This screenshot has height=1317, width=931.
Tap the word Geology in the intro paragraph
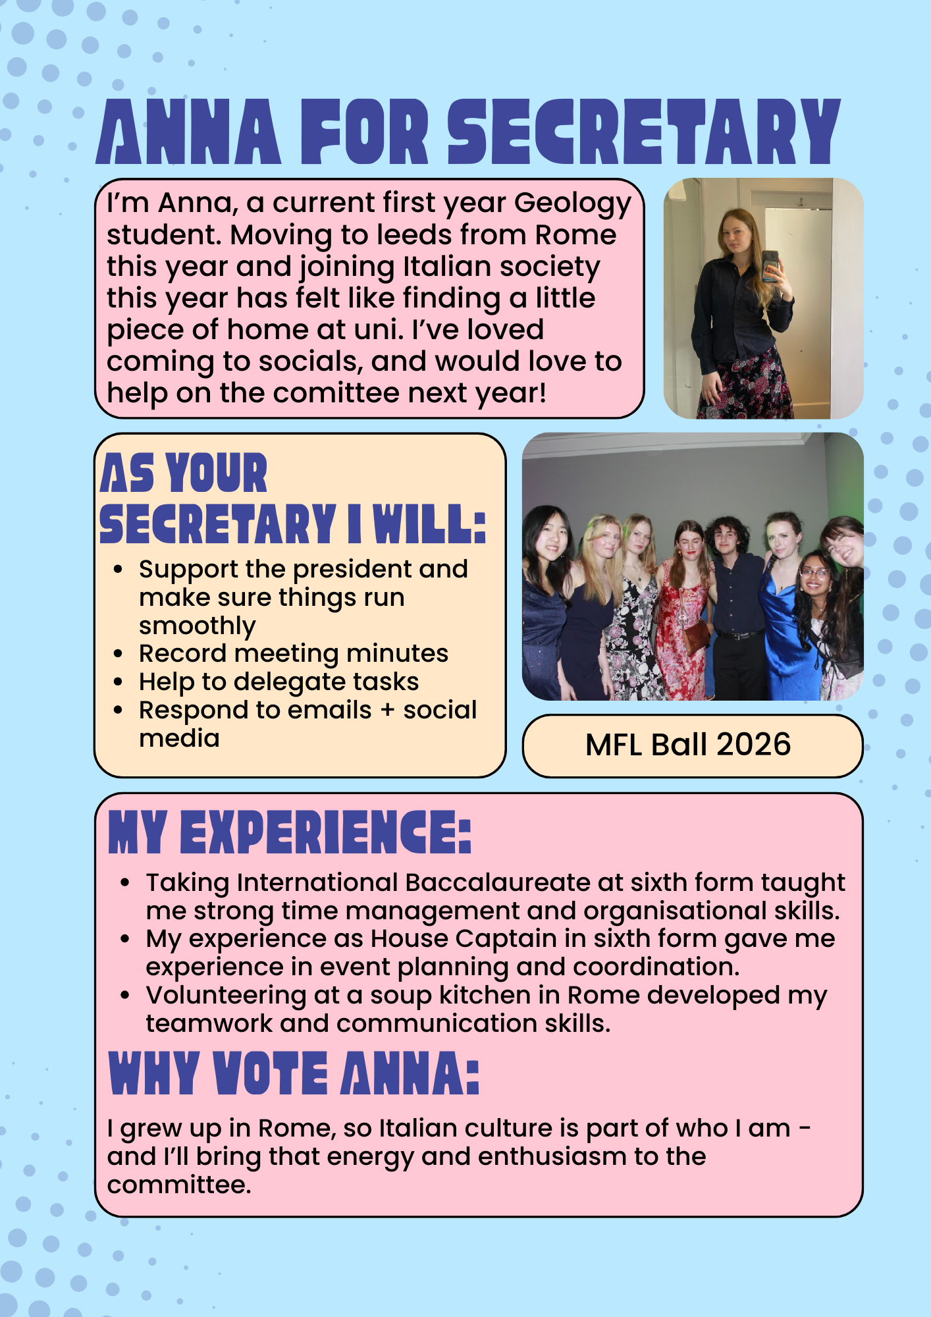[572, 203]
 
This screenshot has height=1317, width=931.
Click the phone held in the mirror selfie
[770, 266]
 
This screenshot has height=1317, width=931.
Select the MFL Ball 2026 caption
[688, 745]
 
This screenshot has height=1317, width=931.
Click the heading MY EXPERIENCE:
[290, 833]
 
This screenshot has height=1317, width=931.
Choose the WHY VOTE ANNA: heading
[294, 1074]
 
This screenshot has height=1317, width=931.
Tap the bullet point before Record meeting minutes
[119, 654]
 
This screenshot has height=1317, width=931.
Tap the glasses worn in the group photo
[814, 574]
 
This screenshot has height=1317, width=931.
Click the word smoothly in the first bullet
[197, 626]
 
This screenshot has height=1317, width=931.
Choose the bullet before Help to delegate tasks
[119, 682]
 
